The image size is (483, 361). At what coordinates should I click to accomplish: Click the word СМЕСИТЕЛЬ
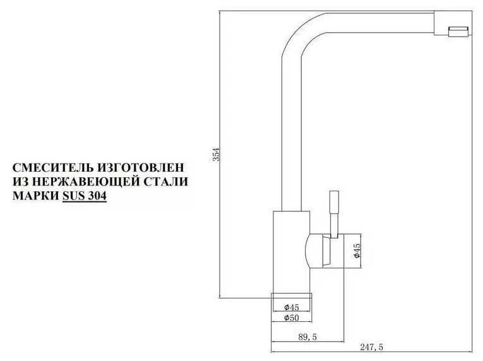(x=51, y=169)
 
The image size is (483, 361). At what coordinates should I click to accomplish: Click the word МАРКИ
(x=35, y=197)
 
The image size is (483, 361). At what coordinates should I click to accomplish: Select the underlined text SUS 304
(x=85, y=197)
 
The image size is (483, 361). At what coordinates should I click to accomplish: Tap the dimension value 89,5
(x=307, y=337)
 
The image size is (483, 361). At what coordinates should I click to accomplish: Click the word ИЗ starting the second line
(x=20, y=183)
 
